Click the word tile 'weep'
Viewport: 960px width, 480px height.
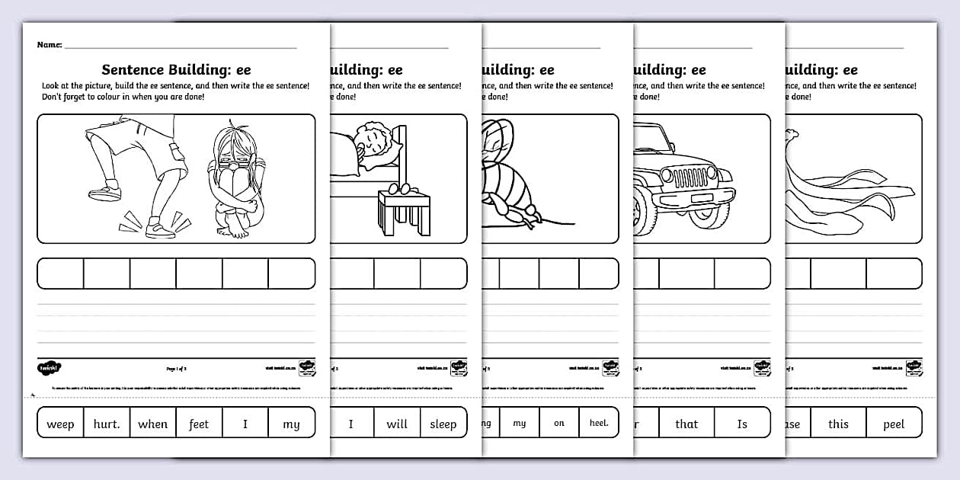tap(60, 424)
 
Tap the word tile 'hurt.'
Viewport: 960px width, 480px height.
tap(107, 424)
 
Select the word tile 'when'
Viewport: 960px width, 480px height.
tap(152, 424)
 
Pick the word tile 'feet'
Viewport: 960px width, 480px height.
tap(199, 424)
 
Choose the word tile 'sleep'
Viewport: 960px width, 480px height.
tap(443, 424)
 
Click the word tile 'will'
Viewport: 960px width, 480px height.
tap(396, 424)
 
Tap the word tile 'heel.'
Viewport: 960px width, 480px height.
tap(599, 423)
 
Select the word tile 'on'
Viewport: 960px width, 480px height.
tap(559, 423)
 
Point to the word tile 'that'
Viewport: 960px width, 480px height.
tap(686, 424)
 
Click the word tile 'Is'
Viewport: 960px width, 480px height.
tap(742, 424)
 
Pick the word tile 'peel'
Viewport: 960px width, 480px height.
tap(894, 424)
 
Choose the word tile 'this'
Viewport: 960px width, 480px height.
tap(838, 424)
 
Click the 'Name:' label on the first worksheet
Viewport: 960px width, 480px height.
tap(50, 45)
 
